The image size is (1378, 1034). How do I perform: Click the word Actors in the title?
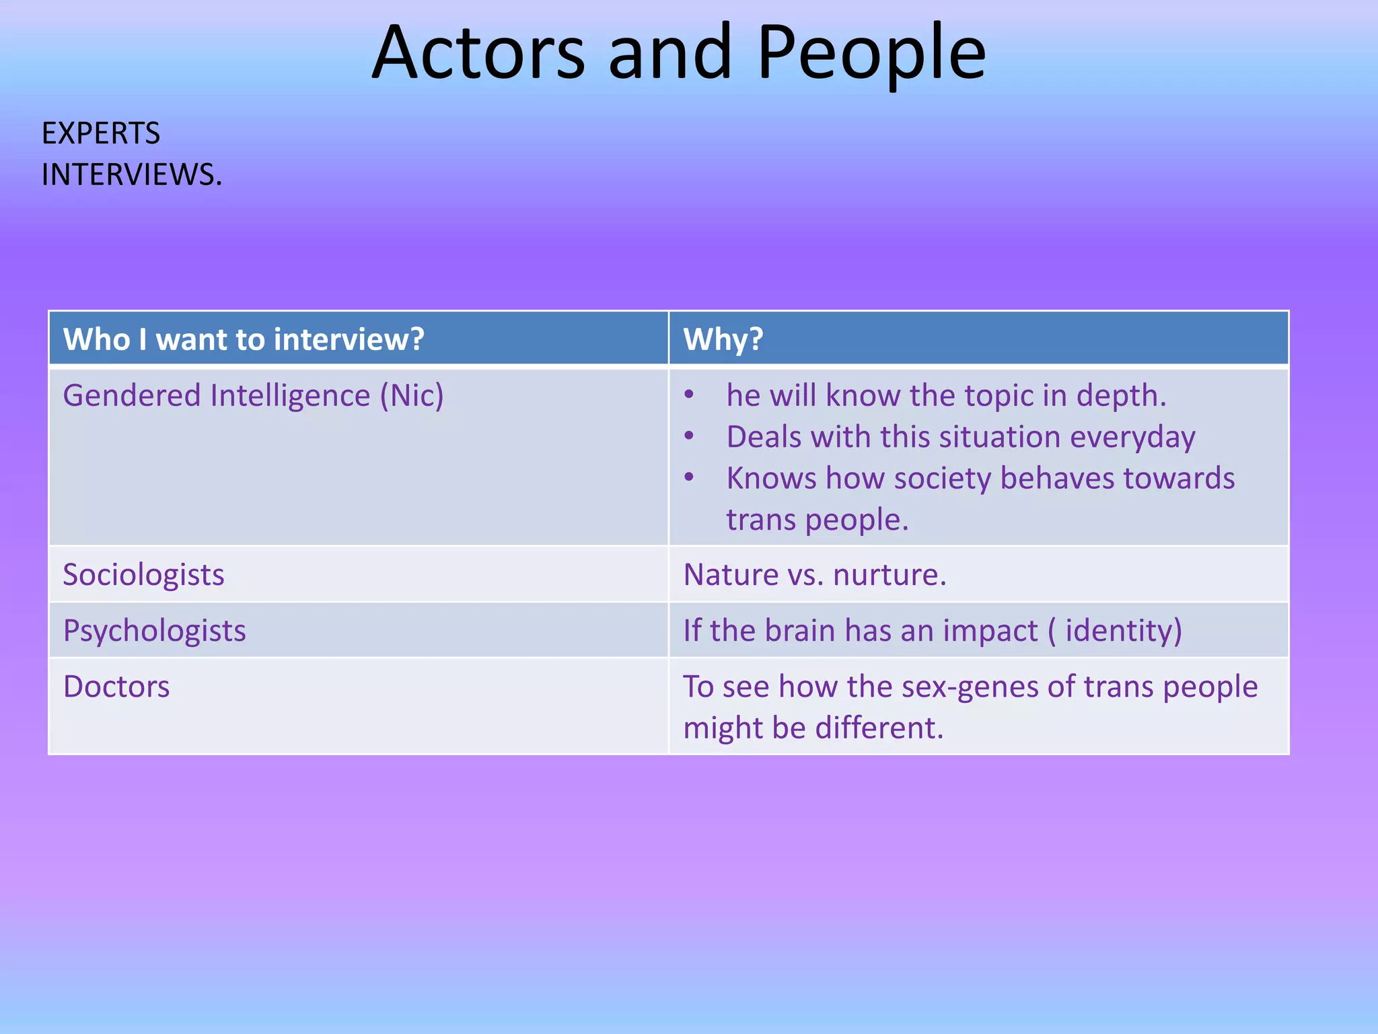coord(478,53)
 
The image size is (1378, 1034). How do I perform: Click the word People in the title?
coord(871,53)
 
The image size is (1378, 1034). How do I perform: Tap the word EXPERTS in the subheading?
coord(101,133)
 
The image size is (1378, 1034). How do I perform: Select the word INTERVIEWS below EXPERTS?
coord(131,175)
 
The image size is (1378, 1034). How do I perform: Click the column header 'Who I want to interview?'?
coord(244,339)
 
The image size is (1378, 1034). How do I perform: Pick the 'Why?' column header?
coord(723,339)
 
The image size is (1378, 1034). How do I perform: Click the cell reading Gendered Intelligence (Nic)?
coord(253,395)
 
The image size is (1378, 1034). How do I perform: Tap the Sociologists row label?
coord(143,575)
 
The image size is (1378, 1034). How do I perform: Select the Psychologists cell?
coord(154,631)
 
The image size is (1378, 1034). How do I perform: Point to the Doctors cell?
coord(116,687)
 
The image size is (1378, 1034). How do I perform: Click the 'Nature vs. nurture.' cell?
coord(815,575)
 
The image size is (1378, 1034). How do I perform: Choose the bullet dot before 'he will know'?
coord(689,395)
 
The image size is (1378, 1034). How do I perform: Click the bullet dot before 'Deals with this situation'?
coord(689,436)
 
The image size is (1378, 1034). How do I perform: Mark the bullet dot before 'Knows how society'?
coord(689,478)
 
